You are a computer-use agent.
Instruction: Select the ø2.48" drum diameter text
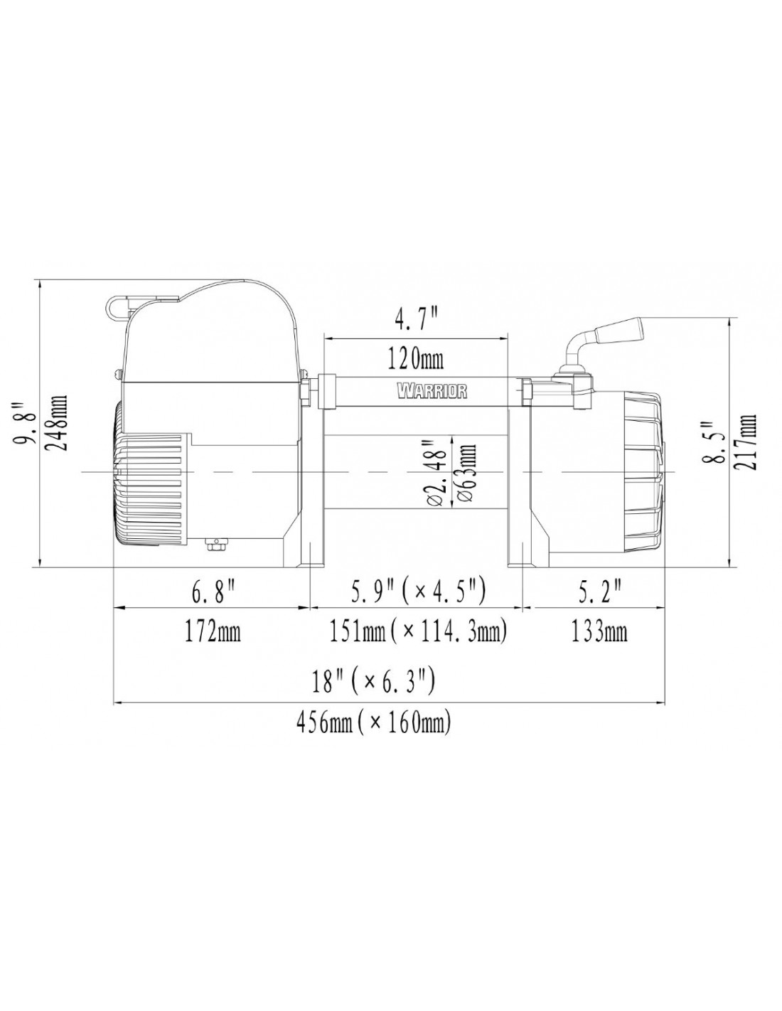438,472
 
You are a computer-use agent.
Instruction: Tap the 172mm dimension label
213,632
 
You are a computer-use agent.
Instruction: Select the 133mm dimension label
599,632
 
